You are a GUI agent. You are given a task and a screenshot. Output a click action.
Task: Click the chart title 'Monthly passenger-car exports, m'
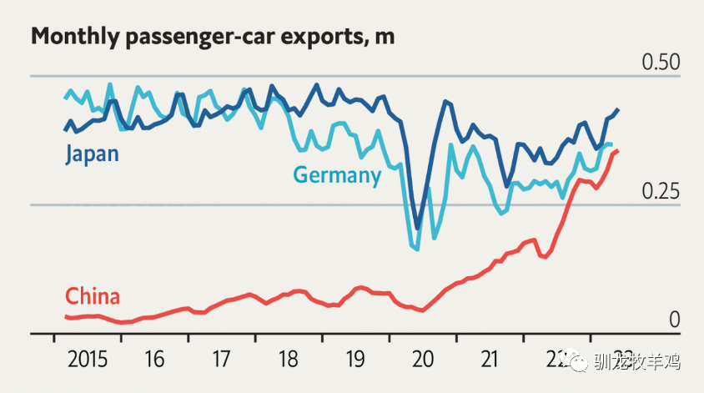(x=213, y=37)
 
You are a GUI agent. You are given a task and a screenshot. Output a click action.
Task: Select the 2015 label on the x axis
(x=88, y=360)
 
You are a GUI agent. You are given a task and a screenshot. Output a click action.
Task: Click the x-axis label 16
(x=154, y=360)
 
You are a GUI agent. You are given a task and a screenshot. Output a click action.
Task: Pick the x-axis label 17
(x=221, y=360)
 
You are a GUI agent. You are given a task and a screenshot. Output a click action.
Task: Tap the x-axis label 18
(x=289, y=360)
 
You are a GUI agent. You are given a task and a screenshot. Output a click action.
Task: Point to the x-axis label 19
(x=355, y=360)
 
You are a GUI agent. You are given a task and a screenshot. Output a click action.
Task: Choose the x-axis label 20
(x=423, y=360)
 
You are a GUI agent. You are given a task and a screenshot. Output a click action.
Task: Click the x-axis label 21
(x=490, y=360)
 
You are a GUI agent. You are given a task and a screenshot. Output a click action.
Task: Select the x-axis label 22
(x=556, y=360)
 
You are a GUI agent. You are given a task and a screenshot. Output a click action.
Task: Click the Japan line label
(x=92, y=154)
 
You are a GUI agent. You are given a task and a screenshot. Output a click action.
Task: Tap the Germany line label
(x=337, y=175)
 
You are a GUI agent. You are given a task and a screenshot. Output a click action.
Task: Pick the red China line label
(x=92, y=296)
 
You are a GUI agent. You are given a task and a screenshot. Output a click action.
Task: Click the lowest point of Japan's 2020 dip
(x=418, y=227)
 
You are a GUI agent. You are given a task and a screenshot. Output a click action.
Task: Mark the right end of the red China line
(x=617, y=150)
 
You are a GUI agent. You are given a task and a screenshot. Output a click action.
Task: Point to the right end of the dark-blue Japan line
(x=618, y=109)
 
